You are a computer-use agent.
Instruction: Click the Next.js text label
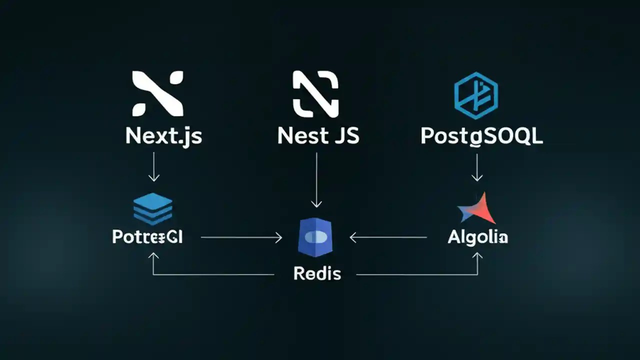pyautogui.click(x=164, y=136)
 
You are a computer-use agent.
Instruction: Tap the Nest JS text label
pyautogui.click(x=318, y=136)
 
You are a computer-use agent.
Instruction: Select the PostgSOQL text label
pyautogui.click(x=481, y=136)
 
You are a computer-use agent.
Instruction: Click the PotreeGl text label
pyautogui.click(x=147, y=237)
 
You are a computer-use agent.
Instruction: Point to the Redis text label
pyautogui.click(x=317, y=273)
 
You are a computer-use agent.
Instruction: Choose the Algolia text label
pyautogui.click(x=478, y=237)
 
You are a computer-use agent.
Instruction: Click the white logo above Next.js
pyautogui.click(x=157, y=93)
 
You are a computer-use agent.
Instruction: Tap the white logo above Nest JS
pyautogui.click(x=315, y=93)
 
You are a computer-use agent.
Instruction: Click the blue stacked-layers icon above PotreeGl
pyautogui.click(x=153, y=208)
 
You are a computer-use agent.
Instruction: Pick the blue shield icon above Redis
pyautogui.click(x=316, y=237)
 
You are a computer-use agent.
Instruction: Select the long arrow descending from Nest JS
pyautogui.click(x=316, y=180)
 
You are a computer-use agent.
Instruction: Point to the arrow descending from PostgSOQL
pyautogui.click(x=477, y=167)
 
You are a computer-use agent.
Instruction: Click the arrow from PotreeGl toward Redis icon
pyautogui.click(x=241, y=238)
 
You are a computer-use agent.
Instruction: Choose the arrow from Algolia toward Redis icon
pyautogui.click(x=388, y=238)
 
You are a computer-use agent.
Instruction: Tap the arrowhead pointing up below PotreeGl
pyautogui.click(x=153, y=255)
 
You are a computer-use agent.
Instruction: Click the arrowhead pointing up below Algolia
pyautogui.click(x=478, y=255)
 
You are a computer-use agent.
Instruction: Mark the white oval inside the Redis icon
pyautogui.click(x=316, y=237)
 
